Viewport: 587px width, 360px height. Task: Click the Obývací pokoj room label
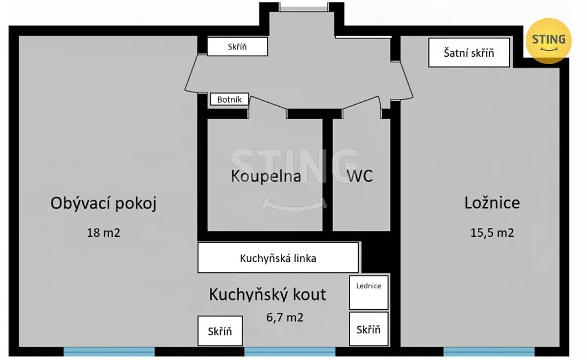[x=104, y=203]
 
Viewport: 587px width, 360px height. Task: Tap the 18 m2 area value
[x=104, y=233]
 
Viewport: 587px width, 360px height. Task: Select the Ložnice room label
[x=492, y=203]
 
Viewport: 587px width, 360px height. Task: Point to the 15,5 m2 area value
[x=492, y=233]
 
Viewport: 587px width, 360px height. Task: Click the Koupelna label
[x=266, y=176]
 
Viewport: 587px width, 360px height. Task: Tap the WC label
[x=360, y=176]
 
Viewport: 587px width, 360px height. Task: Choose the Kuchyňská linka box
[x=278, y=258]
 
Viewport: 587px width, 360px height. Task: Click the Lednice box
[x=369, y=292]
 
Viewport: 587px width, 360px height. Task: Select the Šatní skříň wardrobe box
[x=469, y=53]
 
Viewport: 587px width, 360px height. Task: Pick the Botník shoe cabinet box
[x=229, y=99]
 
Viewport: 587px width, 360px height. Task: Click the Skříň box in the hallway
[x=237, y=46]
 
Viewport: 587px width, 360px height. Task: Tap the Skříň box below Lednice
[x=369, y=329]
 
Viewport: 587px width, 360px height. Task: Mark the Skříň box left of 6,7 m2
[x=220, y=331]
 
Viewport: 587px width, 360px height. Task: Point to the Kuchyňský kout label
[x=267, y=294]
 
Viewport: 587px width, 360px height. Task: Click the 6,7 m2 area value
[x=285, y=317]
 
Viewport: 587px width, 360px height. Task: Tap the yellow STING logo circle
[x=548, y=41]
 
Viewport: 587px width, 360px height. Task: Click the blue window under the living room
[x=109, y=352]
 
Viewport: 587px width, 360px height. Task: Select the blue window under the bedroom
[x=489, y=352]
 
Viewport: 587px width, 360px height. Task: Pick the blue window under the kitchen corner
[x=290, y=352]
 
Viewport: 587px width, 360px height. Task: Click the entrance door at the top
[x=304, y=8]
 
